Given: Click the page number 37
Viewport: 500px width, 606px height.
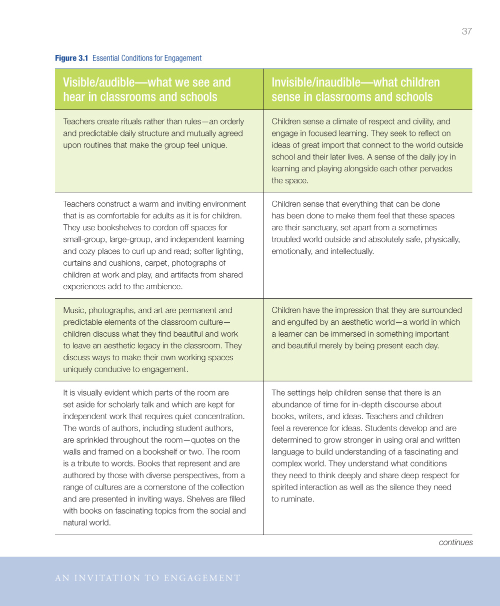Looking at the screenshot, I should click(x=466, y=31).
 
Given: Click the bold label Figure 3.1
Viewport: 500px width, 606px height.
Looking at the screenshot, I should click(x=71, y=58).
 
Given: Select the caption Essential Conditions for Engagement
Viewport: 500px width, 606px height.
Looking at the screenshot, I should click(x=147, y=58).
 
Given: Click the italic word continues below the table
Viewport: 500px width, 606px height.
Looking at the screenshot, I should click(x=455, y=543).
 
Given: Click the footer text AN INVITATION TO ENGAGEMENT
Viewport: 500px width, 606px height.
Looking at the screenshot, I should click(x=148, y=579).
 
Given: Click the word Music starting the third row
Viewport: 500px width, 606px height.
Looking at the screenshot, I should click(x=73, y=310).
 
